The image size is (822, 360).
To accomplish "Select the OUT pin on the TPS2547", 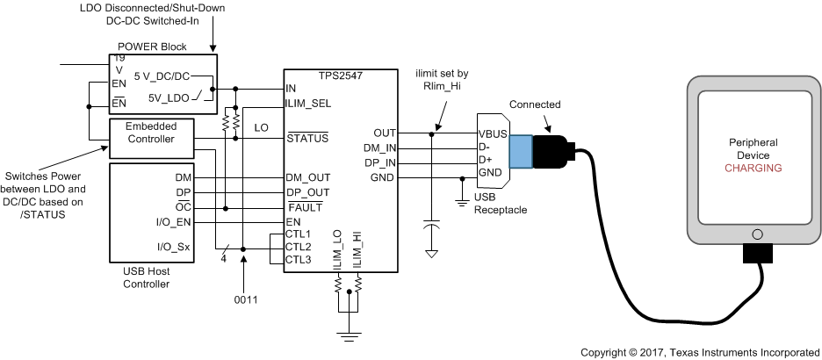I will tap(386, 133).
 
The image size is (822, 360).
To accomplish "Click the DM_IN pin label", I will tap(380, 148).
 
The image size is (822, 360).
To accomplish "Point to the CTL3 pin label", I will tap(299, 259).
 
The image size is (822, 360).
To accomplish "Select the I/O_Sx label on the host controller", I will tap(172, 247).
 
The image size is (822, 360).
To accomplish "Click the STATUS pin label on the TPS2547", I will tap(307, 138).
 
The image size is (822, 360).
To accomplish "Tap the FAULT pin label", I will tap(304, 208).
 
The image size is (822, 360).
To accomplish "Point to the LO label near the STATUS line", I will tap(262, 127).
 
